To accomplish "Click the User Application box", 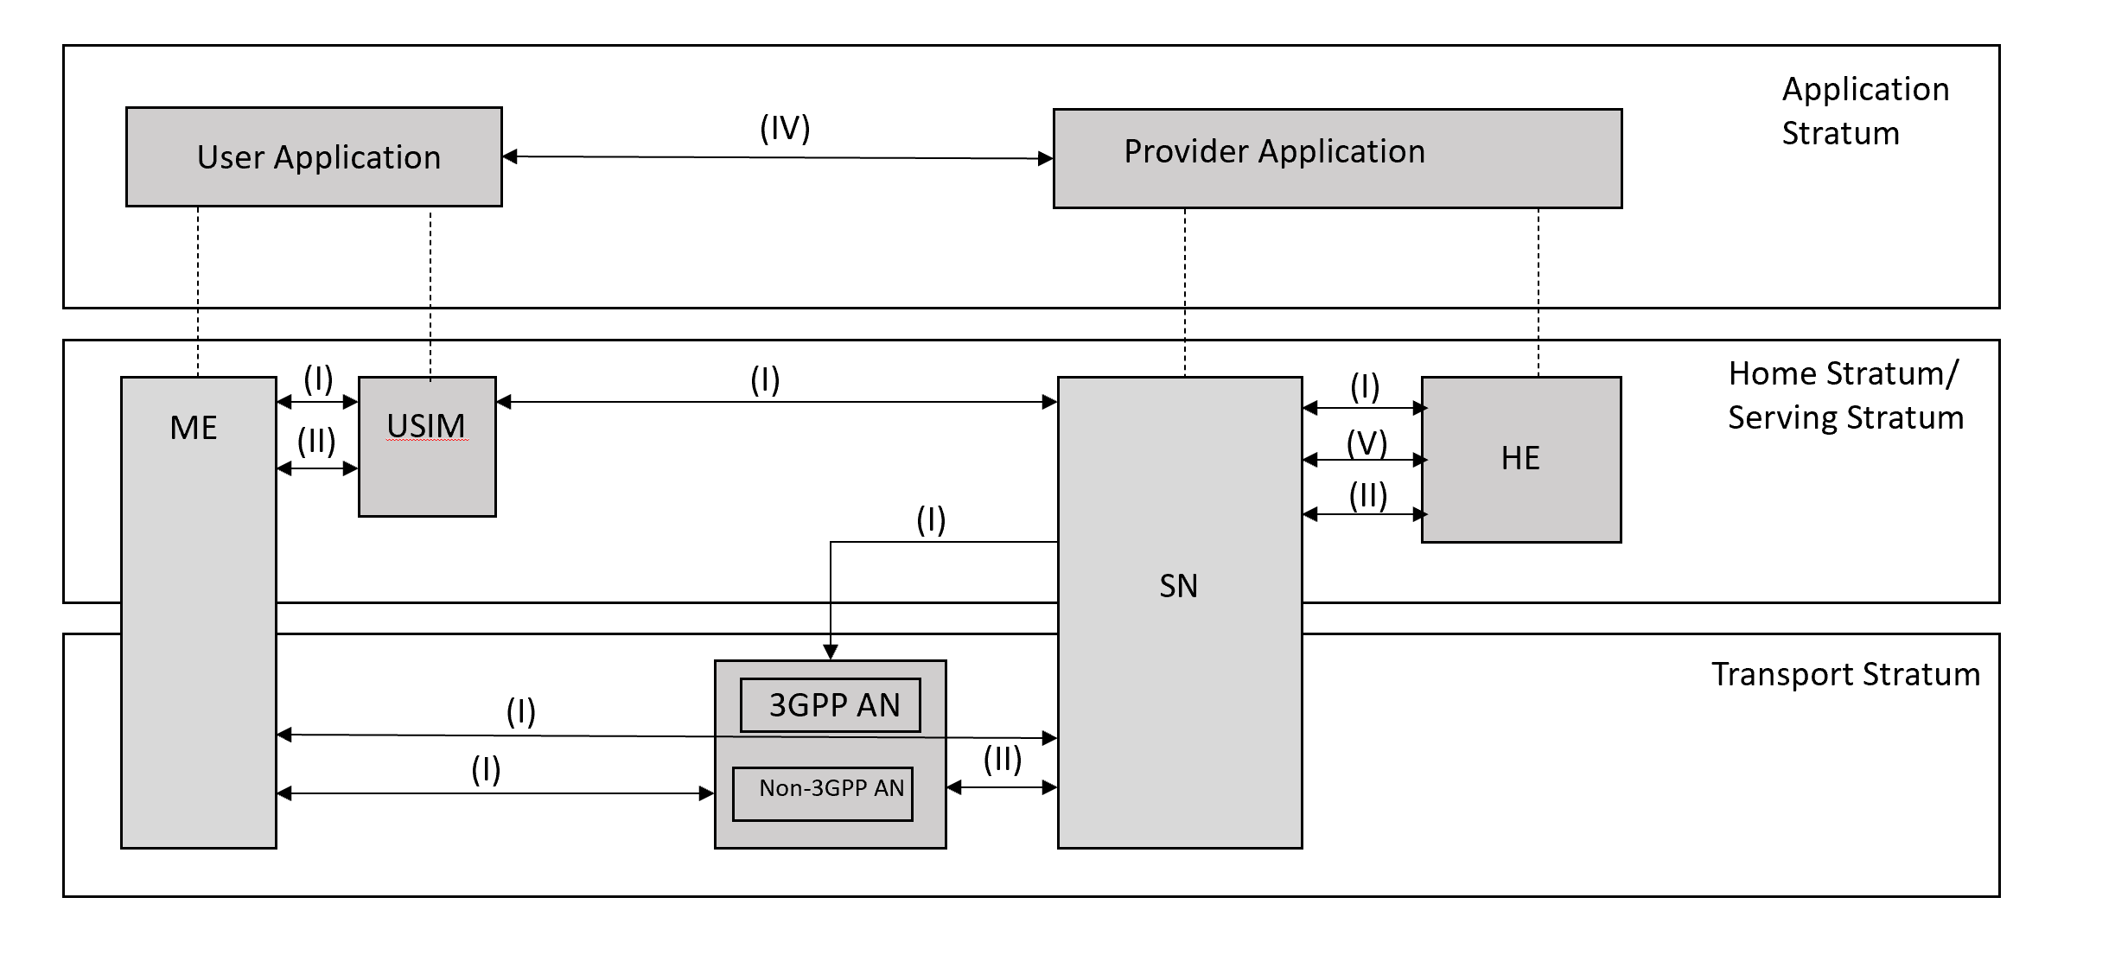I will click(x=314, y=156).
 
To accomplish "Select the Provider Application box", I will click(x=1337, y=158).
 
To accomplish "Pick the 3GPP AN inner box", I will click(x=830, y=705).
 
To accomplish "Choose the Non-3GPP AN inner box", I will click(x=823, y=793).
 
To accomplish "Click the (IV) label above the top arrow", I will click(x=785, y=129).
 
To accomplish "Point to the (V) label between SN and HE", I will click(x=1366, y=442).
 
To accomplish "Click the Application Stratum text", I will click(x=1864, y=111).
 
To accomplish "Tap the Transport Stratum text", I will click(x=1845, y=674).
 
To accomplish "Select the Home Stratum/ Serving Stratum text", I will click(x=1844, y=395).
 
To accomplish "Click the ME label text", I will click(x=194, y=428).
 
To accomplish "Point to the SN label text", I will click(x=1178, y=586).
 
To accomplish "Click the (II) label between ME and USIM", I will click(x=316, y=442).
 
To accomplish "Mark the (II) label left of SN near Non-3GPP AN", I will click(x=1002, y=760).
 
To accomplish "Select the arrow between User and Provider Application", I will click(x=778, y=157).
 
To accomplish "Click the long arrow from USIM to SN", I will click(x=778, y=402).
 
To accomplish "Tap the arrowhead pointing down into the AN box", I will click(x=831, y=651).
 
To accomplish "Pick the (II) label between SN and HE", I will click(x=1367, y=496).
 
